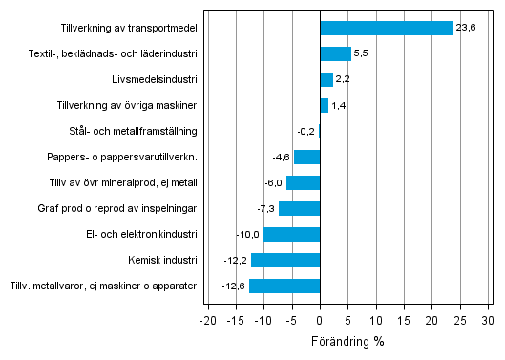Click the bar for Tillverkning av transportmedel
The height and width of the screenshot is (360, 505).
[x=387, y=28]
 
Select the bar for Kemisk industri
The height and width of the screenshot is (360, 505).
[x=285, y=260]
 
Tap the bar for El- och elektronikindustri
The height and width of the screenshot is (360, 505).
[x=292, y=234]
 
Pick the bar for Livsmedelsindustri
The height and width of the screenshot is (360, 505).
[x=326, y=79]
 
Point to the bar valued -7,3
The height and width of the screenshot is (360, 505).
[x=300, y=208]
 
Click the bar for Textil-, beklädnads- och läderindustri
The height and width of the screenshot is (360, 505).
[x=336, y=53]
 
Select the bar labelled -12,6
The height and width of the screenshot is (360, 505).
[x=284, y=286]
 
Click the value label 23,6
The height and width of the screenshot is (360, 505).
[x=466, y=28]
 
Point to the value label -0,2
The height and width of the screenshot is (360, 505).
[x=305, y=131]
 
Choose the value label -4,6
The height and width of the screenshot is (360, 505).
[x=281, y=157]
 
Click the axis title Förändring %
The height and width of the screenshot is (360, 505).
[x=347, y=341]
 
